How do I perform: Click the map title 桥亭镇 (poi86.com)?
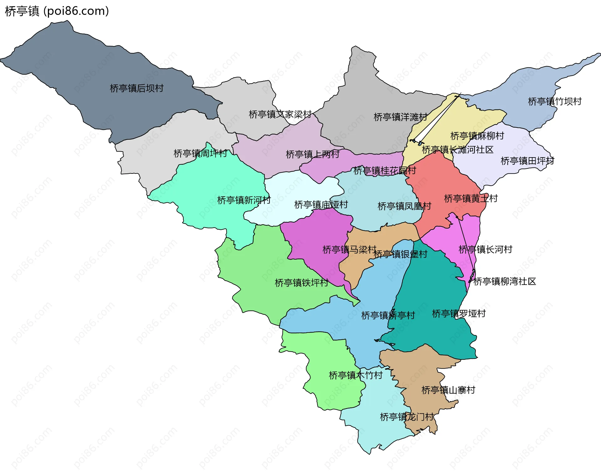coord(57,11)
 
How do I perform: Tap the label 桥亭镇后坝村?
coord(136,88)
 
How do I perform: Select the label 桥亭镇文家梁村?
coord(280,114)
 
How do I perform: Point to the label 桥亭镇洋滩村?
coord(400,117)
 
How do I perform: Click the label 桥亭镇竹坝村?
coord(555,101)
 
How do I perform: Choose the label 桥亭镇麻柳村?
coord(477,136)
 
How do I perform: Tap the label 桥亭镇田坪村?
coord(527,161)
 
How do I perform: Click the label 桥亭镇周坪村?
coord(200,153)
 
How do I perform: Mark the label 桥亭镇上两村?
coord(312,154)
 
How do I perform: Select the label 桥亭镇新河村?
coord(244,200)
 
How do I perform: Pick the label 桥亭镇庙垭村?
coord(321,205)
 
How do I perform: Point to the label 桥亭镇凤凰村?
coord(404,206)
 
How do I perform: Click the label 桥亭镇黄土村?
coord(471,199)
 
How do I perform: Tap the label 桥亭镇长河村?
coord(485,250)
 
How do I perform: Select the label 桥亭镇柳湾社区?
coord(505,281)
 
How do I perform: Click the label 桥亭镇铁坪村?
coord(301,283)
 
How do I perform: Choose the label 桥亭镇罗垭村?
coord(459,313)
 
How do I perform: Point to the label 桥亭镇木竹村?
coord(356,375)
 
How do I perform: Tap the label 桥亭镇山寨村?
coord(448,390)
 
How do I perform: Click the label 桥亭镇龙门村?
coord(407,417)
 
